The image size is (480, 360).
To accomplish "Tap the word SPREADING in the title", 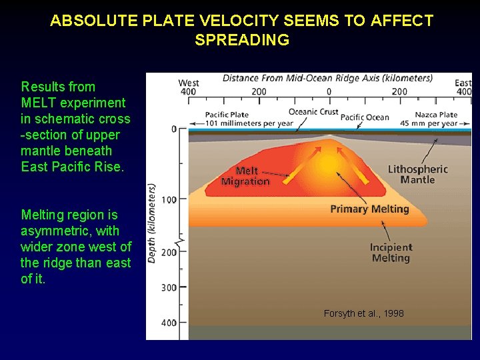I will tap(242, 40).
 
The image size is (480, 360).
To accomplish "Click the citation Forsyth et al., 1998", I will tap(363, 313).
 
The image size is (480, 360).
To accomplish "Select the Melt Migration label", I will tap(245, 176).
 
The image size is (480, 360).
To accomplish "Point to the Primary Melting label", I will tap(369, 209).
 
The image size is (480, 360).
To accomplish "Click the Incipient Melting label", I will tap(391, 253).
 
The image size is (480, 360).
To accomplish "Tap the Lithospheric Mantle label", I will tap(417, 174).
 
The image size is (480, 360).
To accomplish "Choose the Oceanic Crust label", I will tap(313, 111).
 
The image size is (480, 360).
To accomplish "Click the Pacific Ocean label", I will tap(365, 117).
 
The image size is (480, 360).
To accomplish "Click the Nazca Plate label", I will tap(436, 115).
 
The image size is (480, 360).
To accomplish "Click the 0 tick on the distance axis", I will tap(328, 91).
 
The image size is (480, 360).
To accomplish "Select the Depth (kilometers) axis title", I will tap(152, 223).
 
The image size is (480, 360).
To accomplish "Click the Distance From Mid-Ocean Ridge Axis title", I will tap(327, 78).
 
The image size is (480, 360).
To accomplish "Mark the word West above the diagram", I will tap(189, 83).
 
